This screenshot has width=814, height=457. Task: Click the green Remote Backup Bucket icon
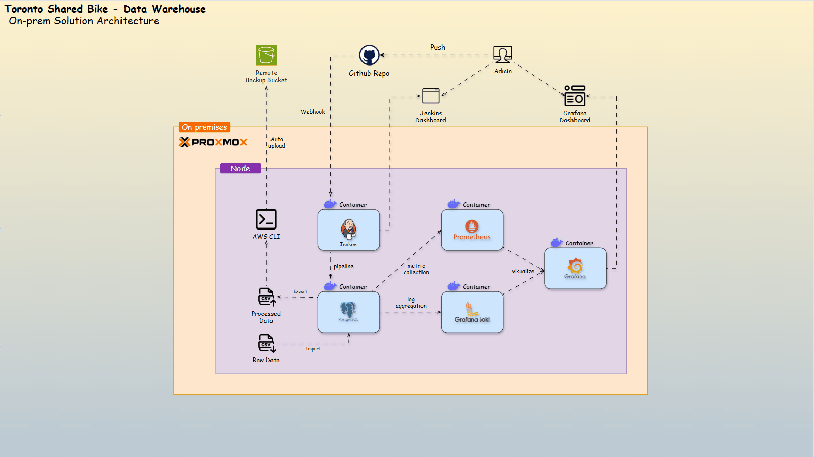click(266, 55)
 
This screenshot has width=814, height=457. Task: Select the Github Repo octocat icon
click(369, 55)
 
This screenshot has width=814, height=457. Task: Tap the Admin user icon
click(503, 54)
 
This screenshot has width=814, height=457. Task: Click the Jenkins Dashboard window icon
click(431, 96)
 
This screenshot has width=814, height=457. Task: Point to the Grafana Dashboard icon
click(575, 96)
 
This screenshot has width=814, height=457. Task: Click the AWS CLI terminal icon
click(266, 219)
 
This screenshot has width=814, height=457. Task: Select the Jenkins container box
click(349, 230)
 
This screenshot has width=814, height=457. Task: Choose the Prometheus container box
click(472, 230)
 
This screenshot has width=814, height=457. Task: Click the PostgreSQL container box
click(349, 312)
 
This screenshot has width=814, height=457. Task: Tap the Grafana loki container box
click(472, 312)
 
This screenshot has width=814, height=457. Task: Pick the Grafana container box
click(575, 269)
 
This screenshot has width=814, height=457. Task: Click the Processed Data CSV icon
click(266, 297)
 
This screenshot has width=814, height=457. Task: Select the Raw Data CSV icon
click(266, 343)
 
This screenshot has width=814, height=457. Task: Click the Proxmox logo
click(213, 142)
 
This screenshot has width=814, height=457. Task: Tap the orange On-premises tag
click(204, 127)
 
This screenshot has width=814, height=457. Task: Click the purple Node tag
click(240, 169)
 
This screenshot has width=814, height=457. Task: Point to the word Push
click(438, 47)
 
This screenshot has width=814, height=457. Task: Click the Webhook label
click(313, 112)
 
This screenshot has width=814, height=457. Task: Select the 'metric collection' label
click(416, 269)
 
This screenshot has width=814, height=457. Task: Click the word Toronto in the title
click(23, 9)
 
